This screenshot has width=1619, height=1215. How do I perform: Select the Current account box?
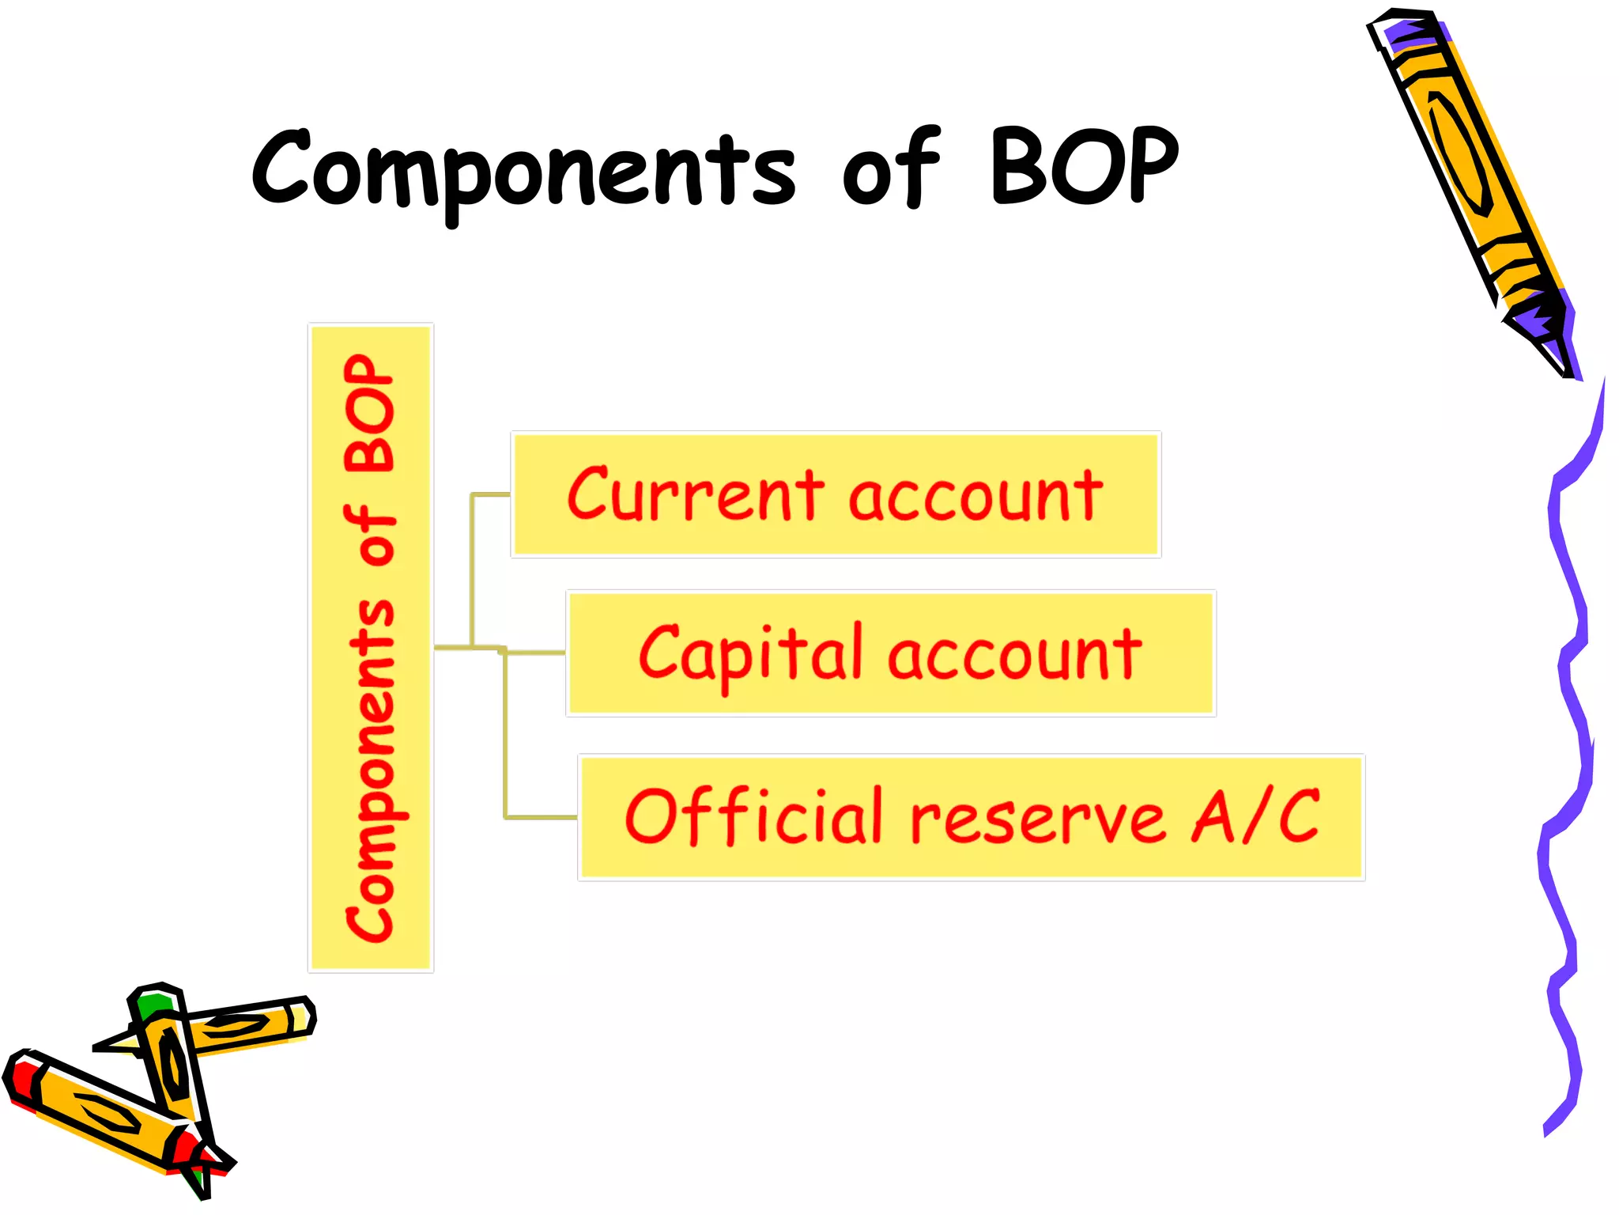coord(836,494)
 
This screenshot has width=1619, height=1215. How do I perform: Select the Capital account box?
coord(890,653)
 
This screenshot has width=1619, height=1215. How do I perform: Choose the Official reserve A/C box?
coord(971,817)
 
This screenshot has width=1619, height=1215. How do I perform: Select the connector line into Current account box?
coord(490,495)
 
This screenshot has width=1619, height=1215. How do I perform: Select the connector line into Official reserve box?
coord(542,816)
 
